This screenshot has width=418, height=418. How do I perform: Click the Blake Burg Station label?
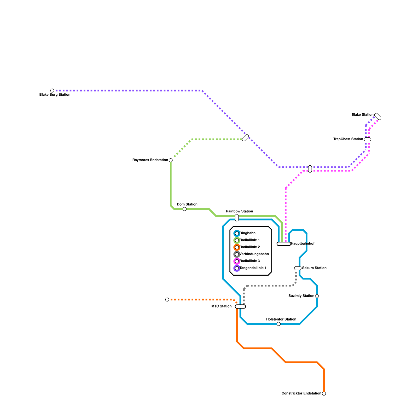(55, 95)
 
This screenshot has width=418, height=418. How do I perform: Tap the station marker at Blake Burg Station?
(52, 91)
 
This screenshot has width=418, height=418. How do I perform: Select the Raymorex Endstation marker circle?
(171, 160)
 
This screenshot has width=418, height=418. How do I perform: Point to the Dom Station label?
(187, 204)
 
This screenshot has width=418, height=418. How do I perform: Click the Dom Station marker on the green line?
(185, 209)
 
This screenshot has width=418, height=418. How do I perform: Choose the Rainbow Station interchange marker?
(237, 218)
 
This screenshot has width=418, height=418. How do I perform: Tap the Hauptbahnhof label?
(303, 243)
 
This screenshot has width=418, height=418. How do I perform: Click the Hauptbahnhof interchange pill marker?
(284, 244)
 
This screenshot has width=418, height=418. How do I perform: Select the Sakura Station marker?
(298, 268)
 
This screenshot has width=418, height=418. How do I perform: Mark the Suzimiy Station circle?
(317, 296)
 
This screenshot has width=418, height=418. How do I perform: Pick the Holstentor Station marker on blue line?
(279, 324)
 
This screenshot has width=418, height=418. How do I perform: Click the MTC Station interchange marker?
(240, 306)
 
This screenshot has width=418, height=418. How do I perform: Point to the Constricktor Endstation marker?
(324, 394)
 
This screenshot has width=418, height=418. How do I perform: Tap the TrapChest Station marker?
(368, 139)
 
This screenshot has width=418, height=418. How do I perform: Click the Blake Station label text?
(362, 115)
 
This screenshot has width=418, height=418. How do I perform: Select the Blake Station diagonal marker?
(378, 117)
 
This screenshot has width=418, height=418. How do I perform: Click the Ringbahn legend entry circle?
(237, 233)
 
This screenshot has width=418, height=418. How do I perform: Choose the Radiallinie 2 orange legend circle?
(237, 247)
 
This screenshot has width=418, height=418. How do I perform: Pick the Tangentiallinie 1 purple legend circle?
(237, 268)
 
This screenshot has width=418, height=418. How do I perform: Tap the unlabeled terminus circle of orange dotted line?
(167, 300)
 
